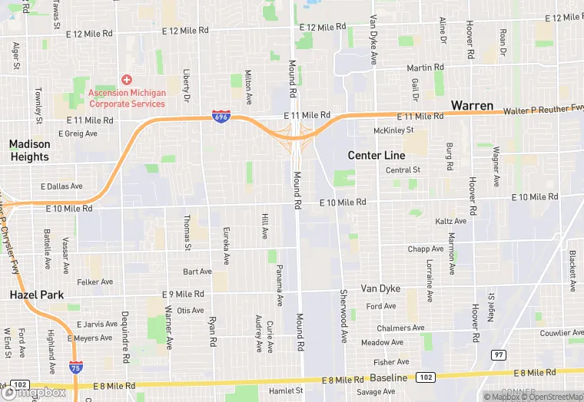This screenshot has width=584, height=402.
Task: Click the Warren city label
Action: pyautogui.click(x=473, y=105)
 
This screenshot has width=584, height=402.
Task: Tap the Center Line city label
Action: pyautogui.click(x=376, y=156)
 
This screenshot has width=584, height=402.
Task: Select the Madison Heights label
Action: pyautogui.click(x=29, y=150)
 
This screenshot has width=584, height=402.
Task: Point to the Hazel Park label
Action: pyautogui.click(x=36, y=295)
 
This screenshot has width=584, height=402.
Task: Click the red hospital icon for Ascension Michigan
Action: pyautogui.click(x=127, y=80)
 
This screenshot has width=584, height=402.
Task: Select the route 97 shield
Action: pyautogui.click(x=499, y=354)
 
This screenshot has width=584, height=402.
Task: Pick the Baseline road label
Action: pyautogui.click(x=388, y=378)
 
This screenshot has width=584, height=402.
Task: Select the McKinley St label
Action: pyautogui.click(x=393, y=131)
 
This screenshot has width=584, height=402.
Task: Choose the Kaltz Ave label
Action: pyautogui.click(x=450, y=221)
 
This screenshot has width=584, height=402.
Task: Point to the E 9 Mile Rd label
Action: pyautogui.click(x=183, y=294)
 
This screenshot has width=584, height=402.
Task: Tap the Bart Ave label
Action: pyautogui.click(x=197, y=272)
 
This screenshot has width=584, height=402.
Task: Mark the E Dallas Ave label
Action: pyautogui.click(x=61, y=186)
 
